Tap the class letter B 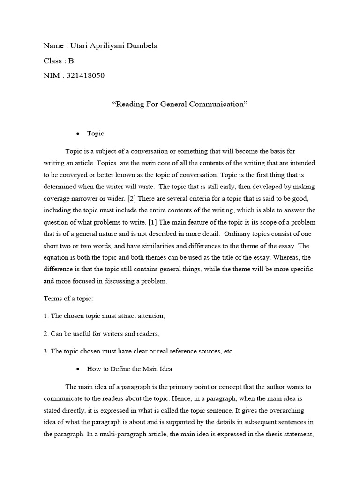click(71, 61)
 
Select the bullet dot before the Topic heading click(78, 134)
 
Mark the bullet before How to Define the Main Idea click(78, 369)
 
